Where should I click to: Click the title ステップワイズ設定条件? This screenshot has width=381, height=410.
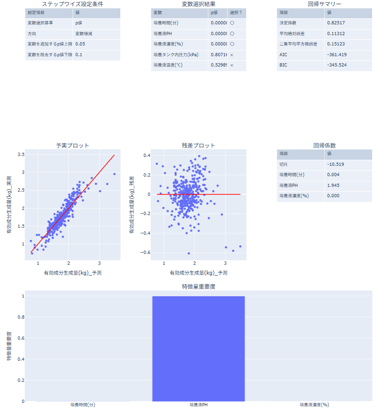(x=73, y=4)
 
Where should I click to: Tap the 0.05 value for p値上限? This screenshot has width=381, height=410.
(x=80, y=45)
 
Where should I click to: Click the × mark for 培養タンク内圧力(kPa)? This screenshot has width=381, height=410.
(x=231, y=55)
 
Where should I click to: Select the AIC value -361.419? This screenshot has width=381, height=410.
(x=337, y=55)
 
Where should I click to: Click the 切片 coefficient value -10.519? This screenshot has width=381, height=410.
(x=335, y=164)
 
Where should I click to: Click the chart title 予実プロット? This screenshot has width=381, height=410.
(x=73, y=146)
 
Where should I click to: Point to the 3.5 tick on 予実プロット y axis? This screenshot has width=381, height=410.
(x=21, y=155)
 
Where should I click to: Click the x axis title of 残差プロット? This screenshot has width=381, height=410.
(x=198, y=273)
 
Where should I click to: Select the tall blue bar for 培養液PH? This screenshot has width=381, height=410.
(x=198, y=349)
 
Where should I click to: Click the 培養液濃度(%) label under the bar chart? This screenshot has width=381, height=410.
(x=314, y=404)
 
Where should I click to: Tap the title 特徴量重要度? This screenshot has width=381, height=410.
(x=198, y=286)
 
